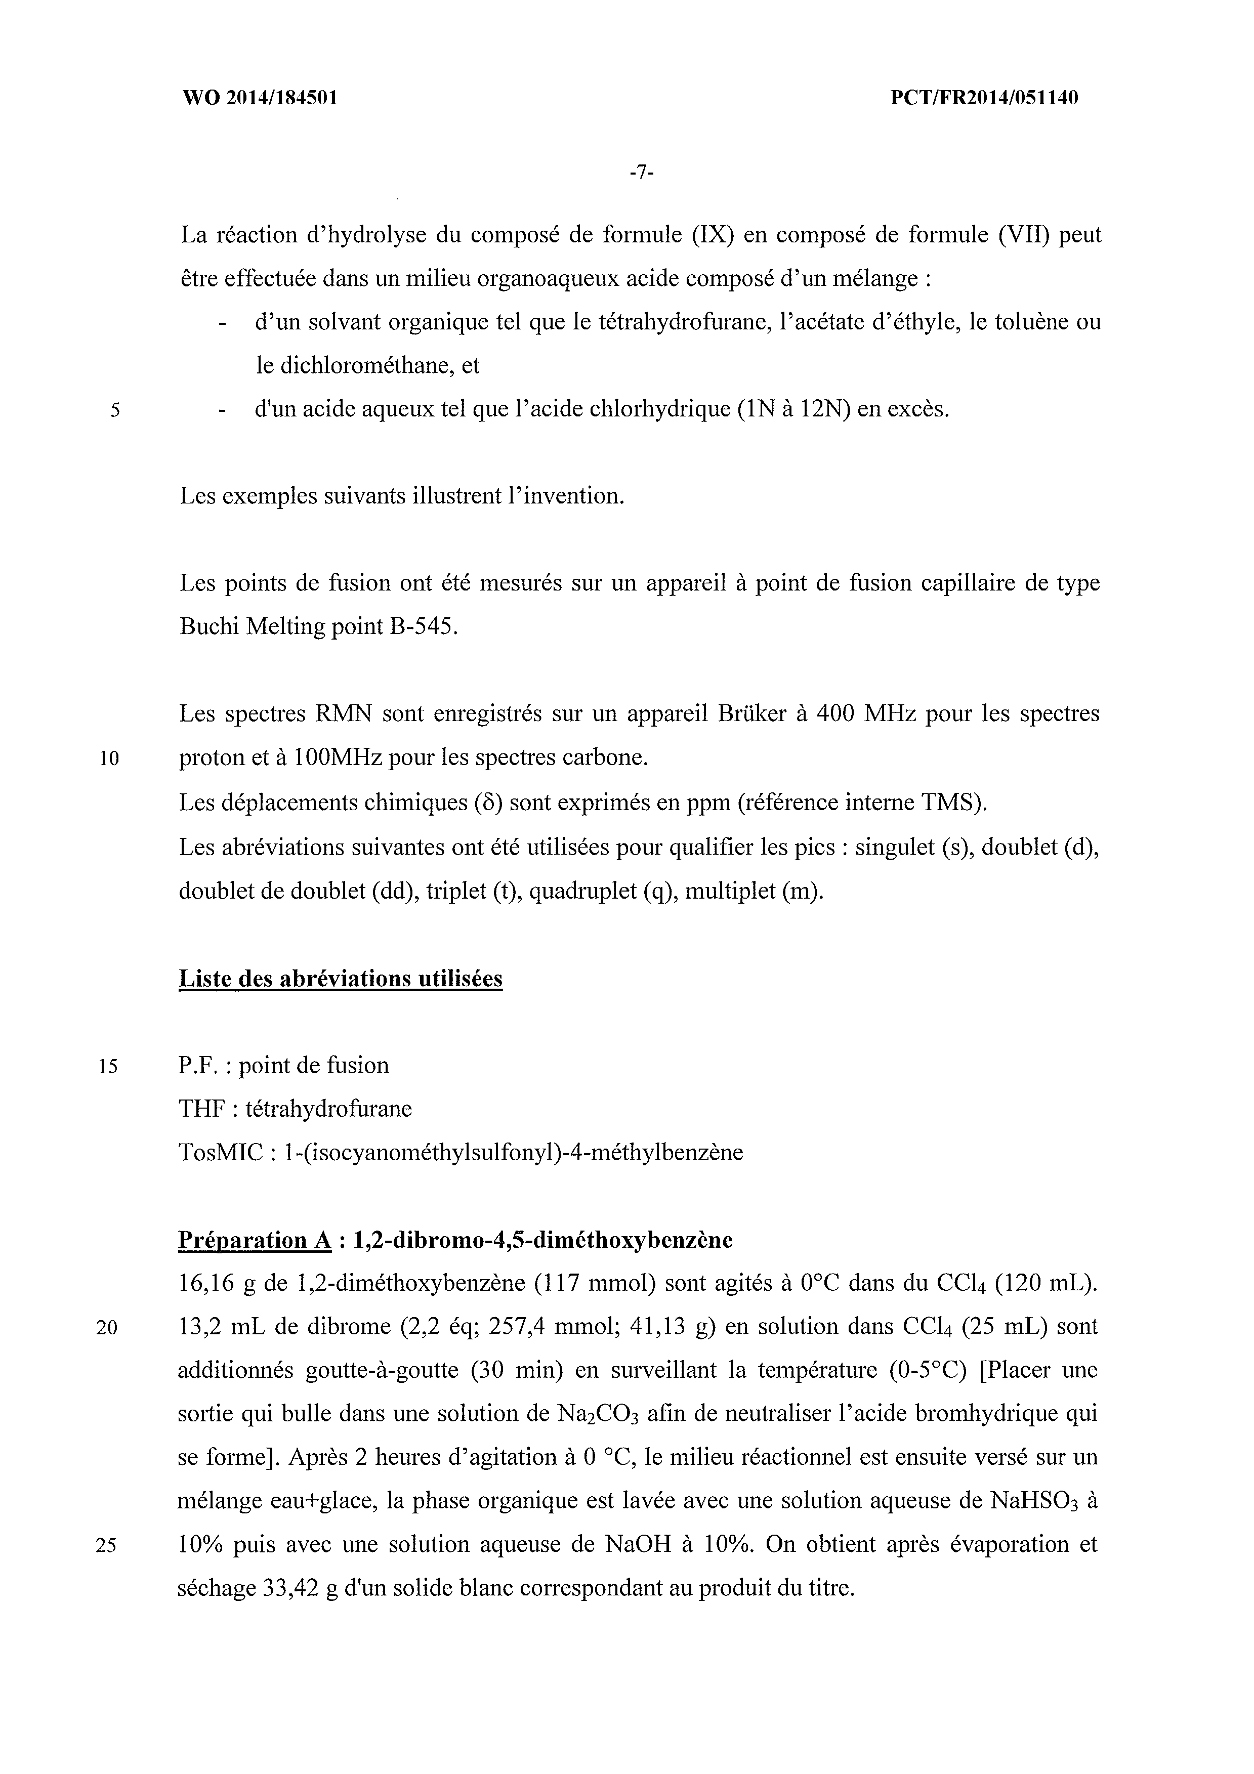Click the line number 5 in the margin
point(114,410)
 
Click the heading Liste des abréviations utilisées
point(341,979)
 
